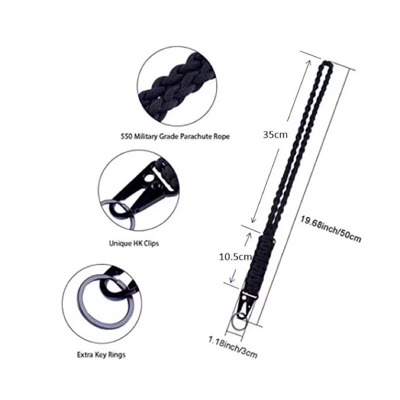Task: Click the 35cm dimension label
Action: point(275,134)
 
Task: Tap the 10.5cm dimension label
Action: point(235,256)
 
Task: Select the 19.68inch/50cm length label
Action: point(330,229)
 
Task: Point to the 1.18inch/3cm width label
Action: point(232,347)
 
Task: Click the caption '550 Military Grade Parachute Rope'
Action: point(175,136)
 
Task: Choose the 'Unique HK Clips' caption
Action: point(134,243)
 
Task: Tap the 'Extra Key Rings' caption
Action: point(101,355)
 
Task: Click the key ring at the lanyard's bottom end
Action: point(239,322)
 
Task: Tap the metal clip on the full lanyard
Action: point(246,304)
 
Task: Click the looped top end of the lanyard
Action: point(325,67)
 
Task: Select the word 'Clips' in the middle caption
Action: point(150,243)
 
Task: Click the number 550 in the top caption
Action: point(126,136)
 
